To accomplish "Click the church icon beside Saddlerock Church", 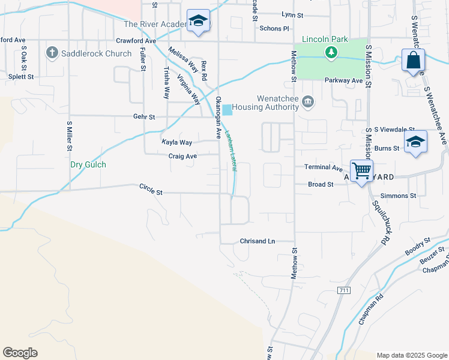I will [52, 53].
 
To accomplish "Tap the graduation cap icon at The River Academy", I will [197, 21].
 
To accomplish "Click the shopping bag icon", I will [414, 61].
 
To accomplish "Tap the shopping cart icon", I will [361, 172].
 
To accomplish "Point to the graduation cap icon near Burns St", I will [415, 142].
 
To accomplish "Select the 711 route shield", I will [343, 290].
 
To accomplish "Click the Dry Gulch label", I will [88, 164].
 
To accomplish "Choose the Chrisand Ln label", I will [257, 241].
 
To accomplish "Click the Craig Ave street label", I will [182, 156].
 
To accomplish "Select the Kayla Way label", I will [176, 142].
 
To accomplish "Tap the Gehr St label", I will [144, 116].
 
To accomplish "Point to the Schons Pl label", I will [274, 28].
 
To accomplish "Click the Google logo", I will [20, 353].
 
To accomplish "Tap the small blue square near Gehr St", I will [228, 110].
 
